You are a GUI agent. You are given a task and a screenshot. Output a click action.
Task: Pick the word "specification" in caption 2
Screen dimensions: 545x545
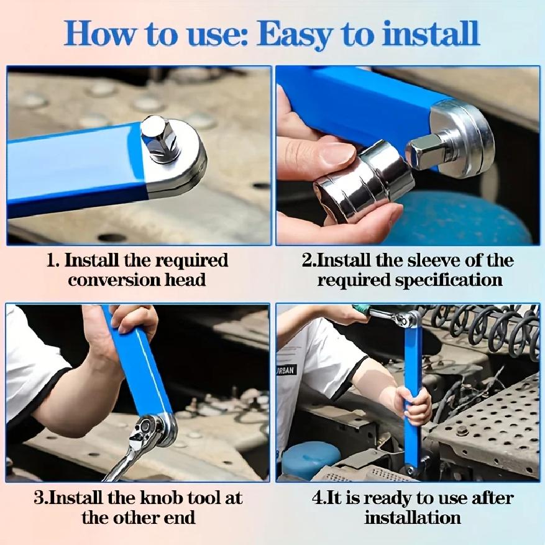click(449, 280)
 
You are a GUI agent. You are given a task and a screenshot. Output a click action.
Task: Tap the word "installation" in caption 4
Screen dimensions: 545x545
click(413, 517)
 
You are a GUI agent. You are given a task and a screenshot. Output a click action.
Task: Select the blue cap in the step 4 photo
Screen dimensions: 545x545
click(310, 459)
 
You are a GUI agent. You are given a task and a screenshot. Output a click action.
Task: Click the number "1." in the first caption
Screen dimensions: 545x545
click(52, 260)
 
